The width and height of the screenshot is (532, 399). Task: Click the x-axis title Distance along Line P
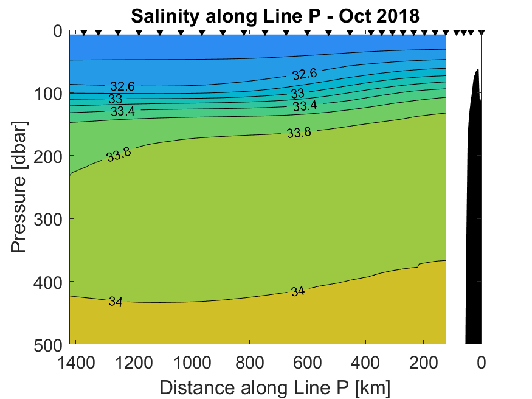(275, 387)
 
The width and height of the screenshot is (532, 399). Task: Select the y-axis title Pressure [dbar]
(19, 187)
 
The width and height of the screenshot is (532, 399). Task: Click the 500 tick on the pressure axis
(49, 344)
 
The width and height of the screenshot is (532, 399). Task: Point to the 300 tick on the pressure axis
(49, 219)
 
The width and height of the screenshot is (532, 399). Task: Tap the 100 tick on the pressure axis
(49, 94)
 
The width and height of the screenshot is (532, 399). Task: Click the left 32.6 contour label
(122, 87)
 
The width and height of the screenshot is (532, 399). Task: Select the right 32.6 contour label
(304, 74)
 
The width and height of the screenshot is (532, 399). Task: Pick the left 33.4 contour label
(123, 112)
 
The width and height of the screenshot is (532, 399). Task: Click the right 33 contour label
(297, 94)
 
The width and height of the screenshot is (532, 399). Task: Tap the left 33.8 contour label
(119, 155)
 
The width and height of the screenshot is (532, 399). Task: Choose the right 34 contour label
(297, 291)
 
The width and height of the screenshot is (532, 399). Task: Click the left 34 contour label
(116, 302)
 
